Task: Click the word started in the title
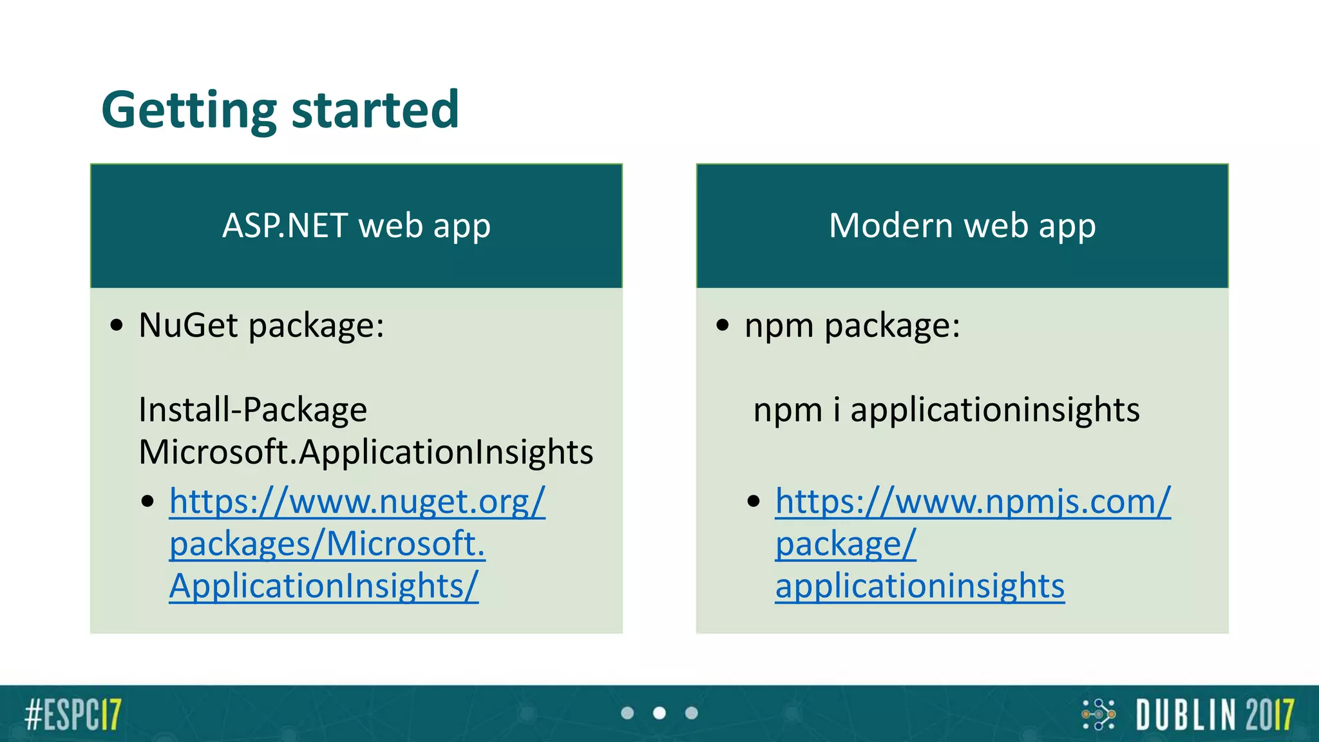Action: pyautogui.click(x=375, y=110)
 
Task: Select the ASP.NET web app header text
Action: pyautogui.click(x=356, y=226)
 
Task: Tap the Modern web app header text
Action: pyautogui.click(x=962, y=226)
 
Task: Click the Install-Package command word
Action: pyautogui.click(x=252, y=410)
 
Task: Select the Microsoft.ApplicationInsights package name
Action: pyautogui.click(x=366, y=452)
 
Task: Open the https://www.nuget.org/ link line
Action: pyautogui.click(x=357, y=501)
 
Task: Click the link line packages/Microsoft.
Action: pyautogui.click(x=327, y=544)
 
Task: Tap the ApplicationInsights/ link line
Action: pyautogui.click(x=324, y=586)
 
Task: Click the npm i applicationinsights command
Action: pyautogui.click(x=946, y=410)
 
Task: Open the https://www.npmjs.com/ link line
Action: pyautogui.click(x=973, y=501)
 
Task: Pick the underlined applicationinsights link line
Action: pyautogui.click(x=920, y=586)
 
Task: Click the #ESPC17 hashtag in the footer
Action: pyautogui.click(x=73, y=714)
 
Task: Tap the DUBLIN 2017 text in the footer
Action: pyautogui.click(x=1215, y=714)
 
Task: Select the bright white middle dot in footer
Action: pyautogui.click(x=659, y=713)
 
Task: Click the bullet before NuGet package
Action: pyautogui.click(x=117, y=325)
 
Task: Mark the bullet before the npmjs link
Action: pyautogui.click(x=754, y=502)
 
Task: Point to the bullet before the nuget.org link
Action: pyautogui.click(x=147, y=502)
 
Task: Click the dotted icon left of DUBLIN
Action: pyautogui.click(x=1099, y=714)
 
